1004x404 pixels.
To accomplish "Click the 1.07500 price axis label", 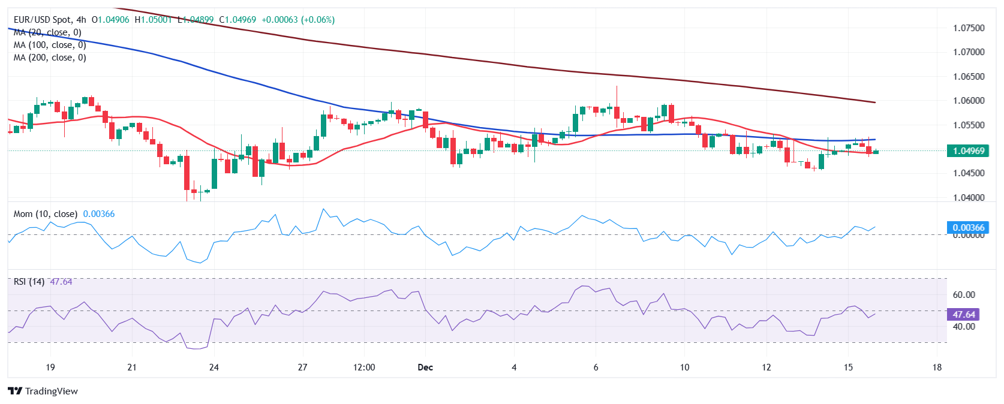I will click(969, 28).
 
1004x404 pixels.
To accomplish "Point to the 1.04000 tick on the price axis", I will click(969, 198).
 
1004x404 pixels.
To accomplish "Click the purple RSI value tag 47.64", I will click(964, 315).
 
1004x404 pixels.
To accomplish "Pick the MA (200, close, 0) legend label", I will click(50, 58).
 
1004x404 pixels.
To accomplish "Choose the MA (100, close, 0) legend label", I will click(50, 45).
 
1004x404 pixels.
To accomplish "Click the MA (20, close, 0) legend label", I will click(47, 32).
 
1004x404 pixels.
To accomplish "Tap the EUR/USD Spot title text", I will click(42, 20).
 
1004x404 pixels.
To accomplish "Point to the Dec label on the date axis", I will click(425, 367).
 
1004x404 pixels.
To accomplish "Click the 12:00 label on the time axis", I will click(364, 367).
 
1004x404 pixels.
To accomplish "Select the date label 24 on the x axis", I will click(214, 367).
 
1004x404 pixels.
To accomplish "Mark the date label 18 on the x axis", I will click(937, 367).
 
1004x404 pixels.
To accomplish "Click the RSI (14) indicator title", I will click(29, 282).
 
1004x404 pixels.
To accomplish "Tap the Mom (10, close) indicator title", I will click(46, 214).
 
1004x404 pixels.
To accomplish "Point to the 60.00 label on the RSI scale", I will click(964, 295).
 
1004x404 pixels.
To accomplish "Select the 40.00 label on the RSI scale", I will click(964, 327).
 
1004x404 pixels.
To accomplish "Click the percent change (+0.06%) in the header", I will click(318, 20).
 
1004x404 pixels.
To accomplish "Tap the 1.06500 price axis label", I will click(969, 77).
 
